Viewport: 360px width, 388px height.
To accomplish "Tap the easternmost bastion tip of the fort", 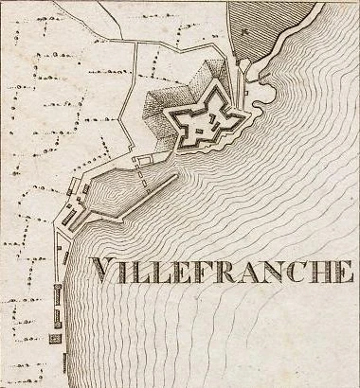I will (x=249, y=114).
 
